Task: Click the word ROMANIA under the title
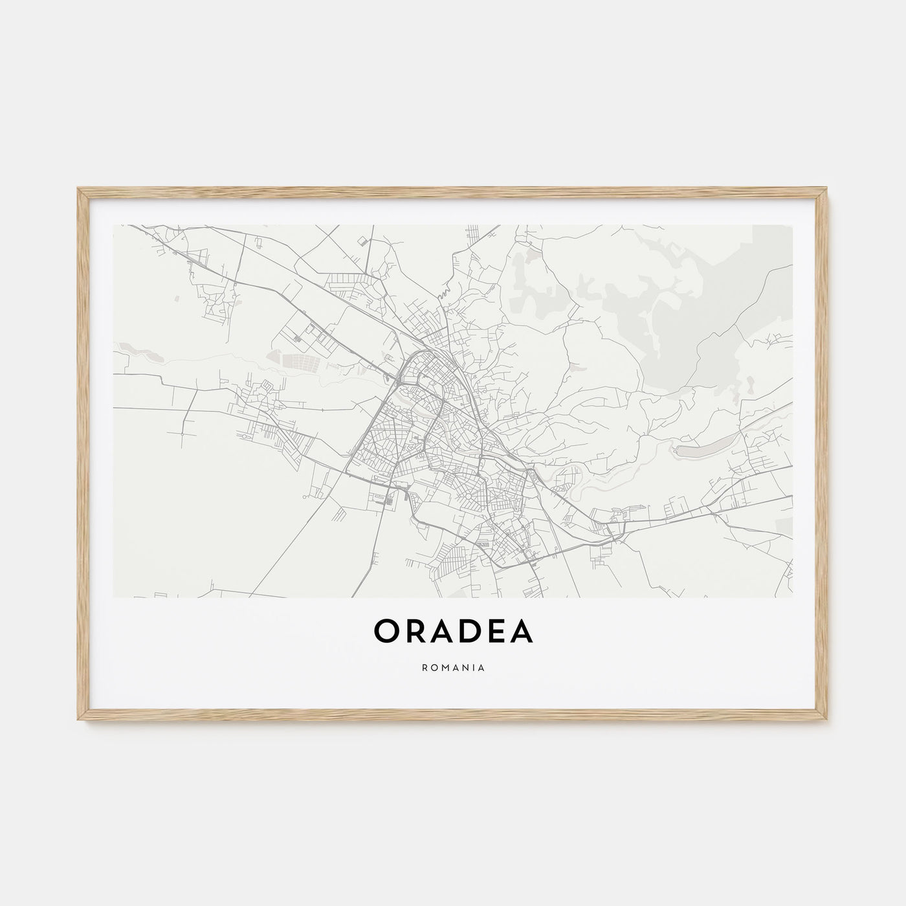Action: coord(453,666)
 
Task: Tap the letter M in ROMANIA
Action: coord(444,666)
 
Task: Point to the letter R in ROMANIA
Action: coord(424,666)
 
